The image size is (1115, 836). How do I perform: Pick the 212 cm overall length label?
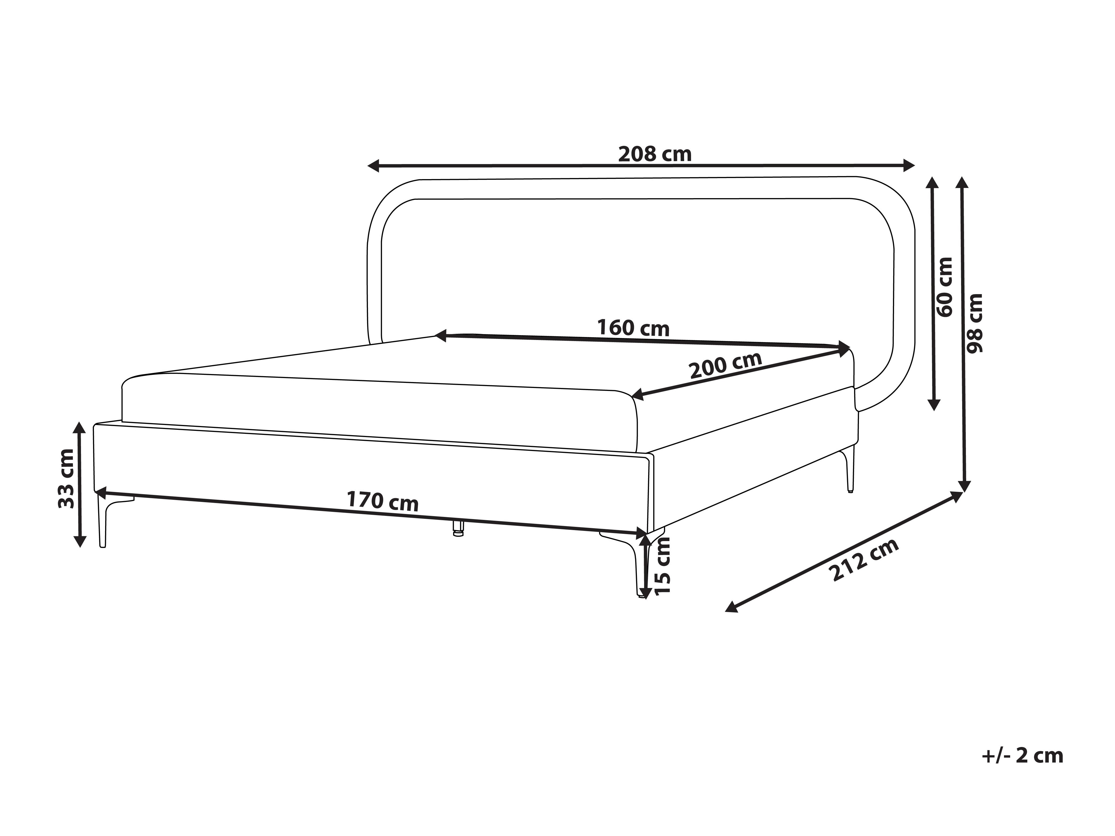[865, 559]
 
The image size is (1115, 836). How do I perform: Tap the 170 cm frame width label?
[383, 501]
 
